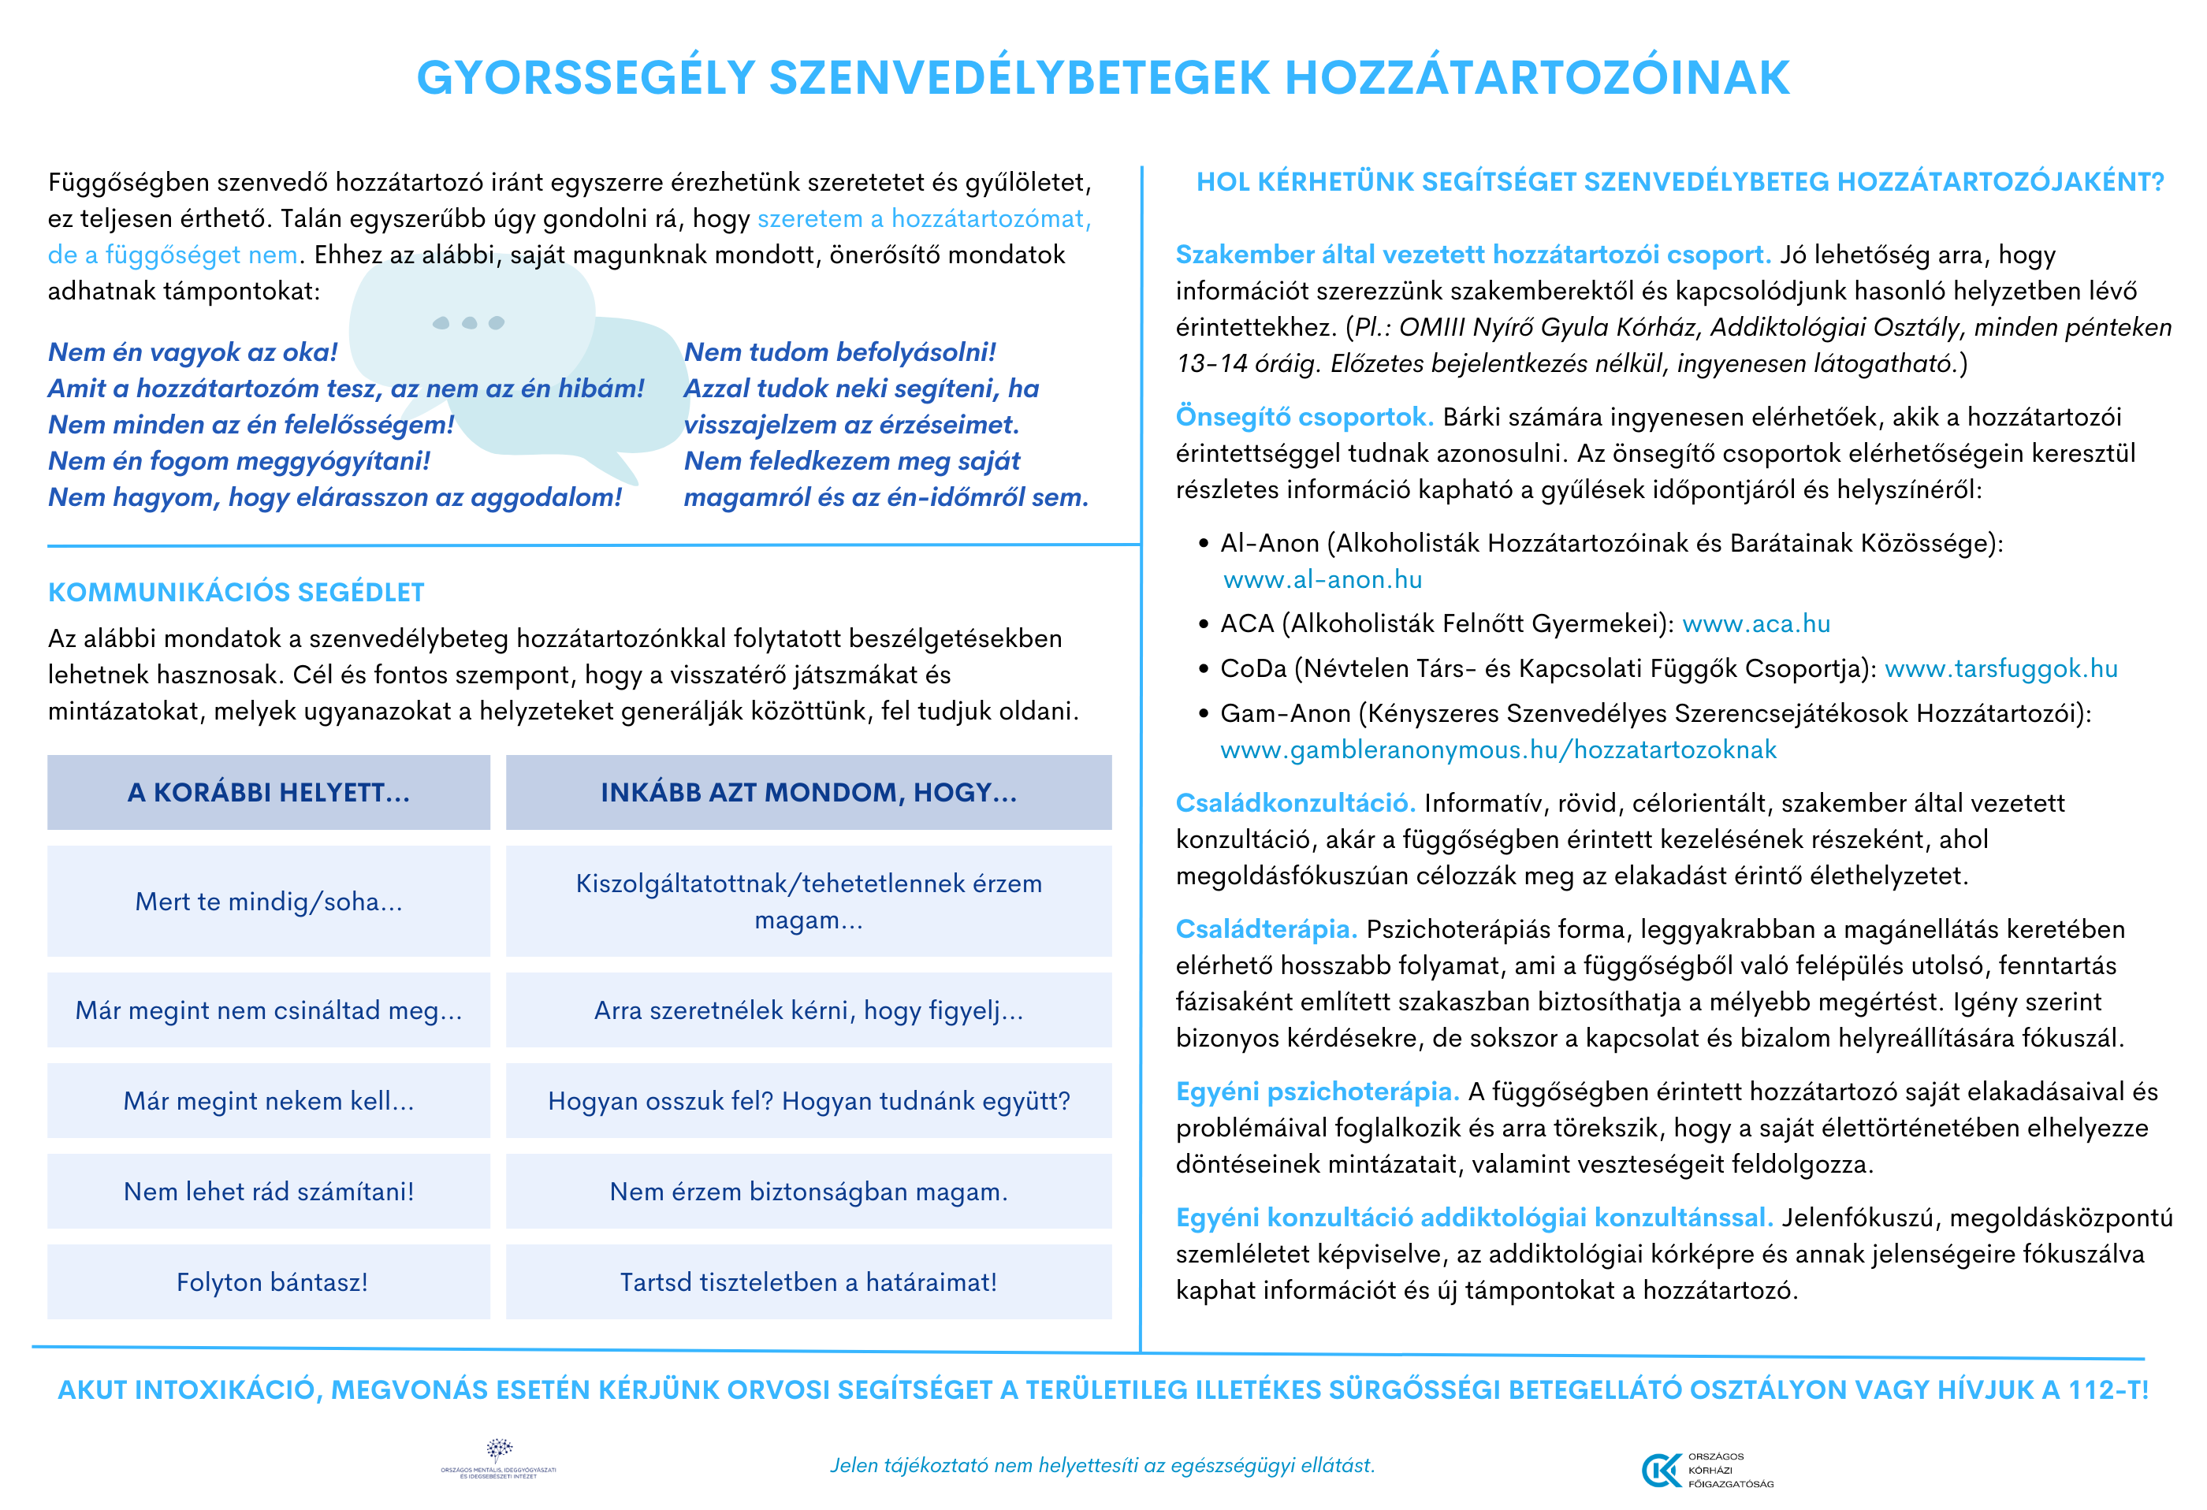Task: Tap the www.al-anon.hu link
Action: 1322,579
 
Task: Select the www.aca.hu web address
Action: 1756,624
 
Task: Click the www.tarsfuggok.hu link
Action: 2001,668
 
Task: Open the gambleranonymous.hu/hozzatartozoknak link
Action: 1498,750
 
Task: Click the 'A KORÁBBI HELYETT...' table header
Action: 269,793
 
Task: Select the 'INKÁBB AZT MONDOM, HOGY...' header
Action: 808,793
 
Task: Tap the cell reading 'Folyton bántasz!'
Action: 272,1282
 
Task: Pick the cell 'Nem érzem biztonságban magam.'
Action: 808,1192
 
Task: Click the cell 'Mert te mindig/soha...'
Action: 269,902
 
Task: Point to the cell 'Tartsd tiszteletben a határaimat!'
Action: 808,1282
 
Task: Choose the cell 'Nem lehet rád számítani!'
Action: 269,1192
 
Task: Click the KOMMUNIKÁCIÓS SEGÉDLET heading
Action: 236,593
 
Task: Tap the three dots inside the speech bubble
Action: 468,323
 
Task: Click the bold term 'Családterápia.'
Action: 1266,930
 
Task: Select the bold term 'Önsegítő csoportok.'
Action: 1304,417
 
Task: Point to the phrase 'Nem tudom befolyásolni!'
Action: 839,352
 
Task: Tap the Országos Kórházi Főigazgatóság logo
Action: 1706,1470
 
